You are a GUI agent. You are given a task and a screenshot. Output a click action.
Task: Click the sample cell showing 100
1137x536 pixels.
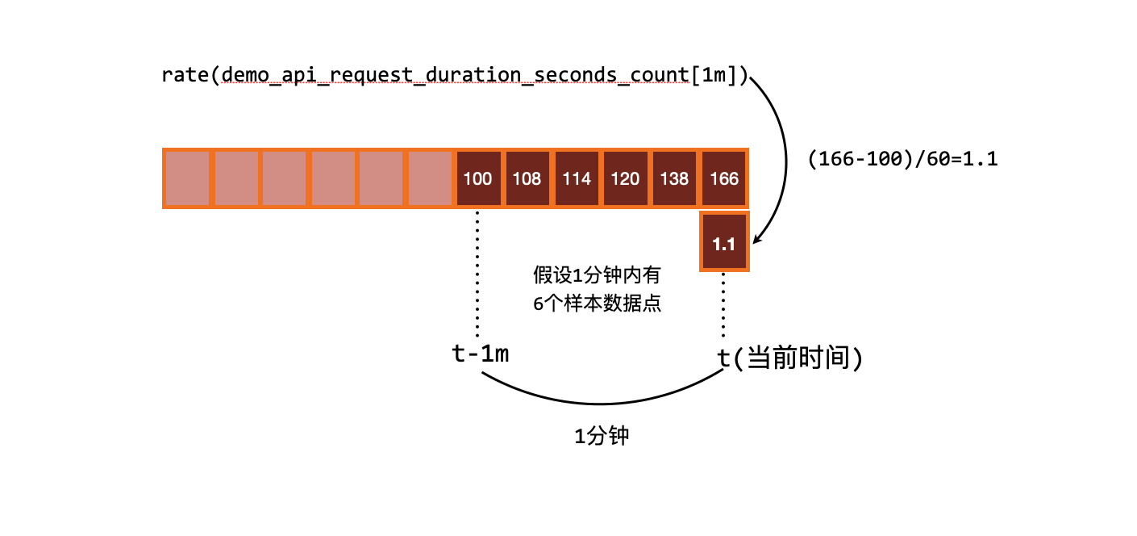point(478,178)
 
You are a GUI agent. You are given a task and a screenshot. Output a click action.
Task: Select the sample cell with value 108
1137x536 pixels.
point(527,178)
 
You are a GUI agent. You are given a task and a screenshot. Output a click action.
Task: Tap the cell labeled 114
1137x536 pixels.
point(577,178)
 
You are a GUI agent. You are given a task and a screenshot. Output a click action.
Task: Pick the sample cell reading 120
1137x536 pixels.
point(626,178)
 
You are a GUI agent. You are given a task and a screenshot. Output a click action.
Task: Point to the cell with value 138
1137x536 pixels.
point(675,178)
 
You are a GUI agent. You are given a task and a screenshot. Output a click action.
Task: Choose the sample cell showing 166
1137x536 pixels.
point(724,178)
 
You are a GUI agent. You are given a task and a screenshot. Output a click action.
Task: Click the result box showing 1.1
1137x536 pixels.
point(724,243)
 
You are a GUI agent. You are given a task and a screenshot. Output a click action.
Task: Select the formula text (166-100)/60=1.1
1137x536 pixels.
point(902,159)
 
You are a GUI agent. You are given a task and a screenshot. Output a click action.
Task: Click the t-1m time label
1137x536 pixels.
point(481,354)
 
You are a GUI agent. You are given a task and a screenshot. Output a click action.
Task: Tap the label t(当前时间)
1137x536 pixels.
point(790,358)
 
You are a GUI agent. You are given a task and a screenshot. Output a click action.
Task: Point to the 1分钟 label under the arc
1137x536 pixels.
point(601,437)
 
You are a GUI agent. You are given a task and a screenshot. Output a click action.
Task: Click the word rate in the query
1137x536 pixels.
point(185,75)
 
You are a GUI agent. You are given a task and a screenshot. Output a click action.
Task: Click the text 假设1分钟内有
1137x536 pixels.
point(597,275)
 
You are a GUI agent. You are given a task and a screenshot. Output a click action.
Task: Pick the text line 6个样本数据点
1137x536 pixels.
point(597,305)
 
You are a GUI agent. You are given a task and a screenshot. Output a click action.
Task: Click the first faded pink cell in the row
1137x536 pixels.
point(187,178)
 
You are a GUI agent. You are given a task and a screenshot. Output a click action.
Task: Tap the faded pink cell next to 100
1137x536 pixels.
point(430,178)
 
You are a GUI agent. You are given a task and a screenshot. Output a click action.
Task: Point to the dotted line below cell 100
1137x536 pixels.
point(478,274)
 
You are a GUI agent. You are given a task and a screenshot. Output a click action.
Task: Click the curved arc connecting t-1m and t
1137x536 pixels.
point(601,403)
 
